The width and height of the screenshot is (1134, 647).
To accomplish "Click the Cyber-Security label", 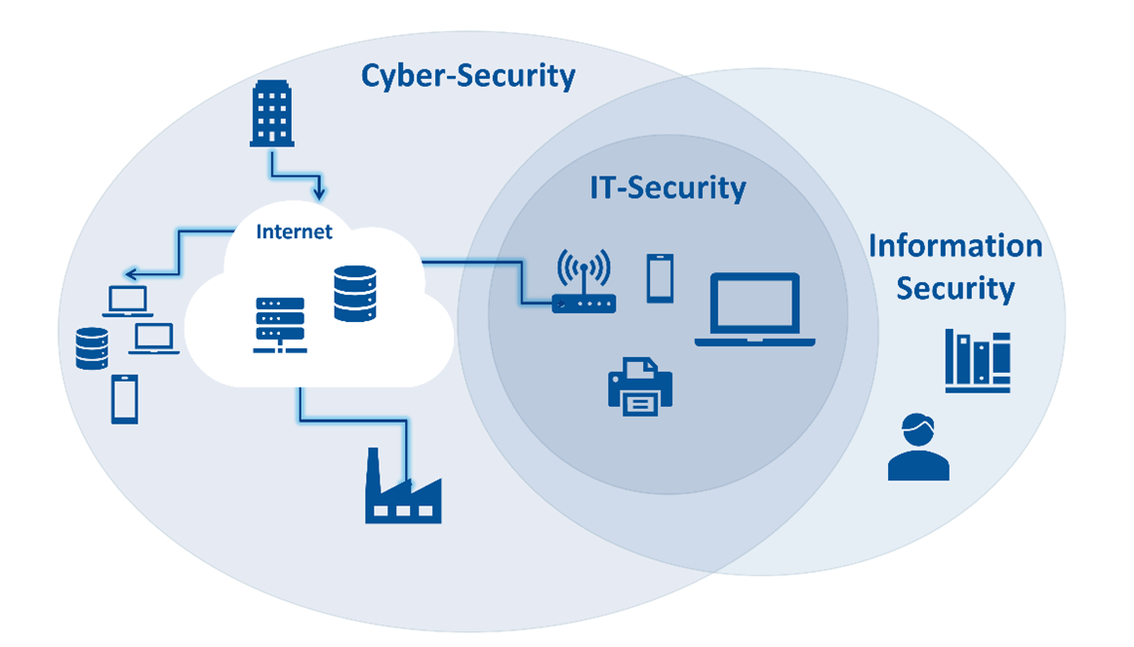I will (468, 76).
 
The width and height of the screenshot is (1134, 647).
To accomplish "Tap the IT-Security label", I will (668, 187).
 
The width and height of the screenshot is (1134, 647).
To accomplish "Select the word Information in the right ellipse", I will (954, 246).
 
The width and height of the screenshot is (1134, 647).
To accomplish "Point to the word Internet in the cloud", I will (294, 232).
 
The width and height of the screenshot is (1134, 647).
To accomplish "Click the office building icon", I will (271, 114).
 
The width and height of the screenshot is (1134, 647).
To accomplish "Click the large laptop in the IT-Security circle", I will (754, 309).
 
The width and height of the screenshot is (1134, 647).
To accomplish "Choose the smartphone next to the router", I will (660, 278).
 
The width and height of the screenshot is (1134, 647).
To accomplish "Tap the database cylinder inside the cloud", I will (354, 294).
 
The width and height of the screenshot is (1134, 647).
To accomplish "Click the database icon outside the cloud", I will (92, 348).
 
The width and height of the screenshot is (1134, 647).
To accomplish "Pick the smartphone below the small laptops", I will (124, 399).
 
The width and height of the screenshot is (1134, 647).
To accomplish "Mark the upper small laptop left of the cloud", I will (128, 302).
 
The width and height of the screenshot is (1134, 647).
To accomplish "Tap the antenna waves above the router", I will (584, 265).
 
